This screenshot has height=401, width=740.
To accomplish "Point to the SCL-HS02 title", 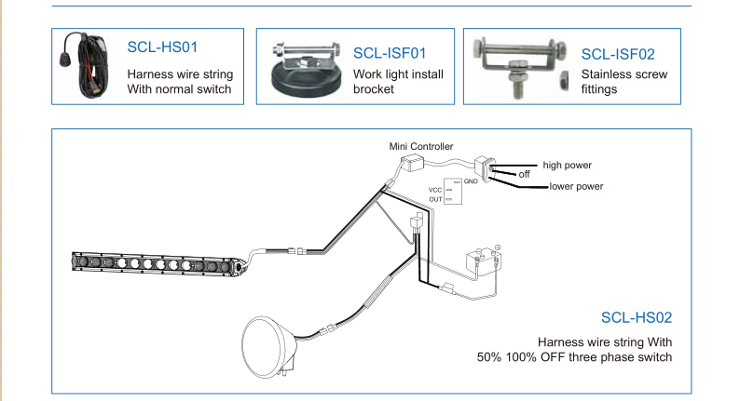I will click(637, 317).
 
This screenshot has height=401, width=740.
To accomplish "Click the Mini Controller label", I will click(420, 146).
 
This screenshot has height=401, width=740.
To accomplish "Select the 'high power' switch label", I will click(568, 165).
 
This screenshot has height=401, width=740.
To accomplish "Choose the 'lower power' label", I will click(576, 187).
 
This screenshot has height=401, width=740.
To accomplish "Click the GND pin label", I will click(471, 180).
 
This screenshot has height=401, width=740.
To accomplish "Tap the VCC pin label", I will click(434, 189).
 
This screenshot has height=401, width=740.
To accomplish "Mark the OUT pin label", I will click(434, 198).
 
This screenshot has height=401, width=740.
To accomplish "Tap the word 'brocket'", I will click(375, 89).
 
